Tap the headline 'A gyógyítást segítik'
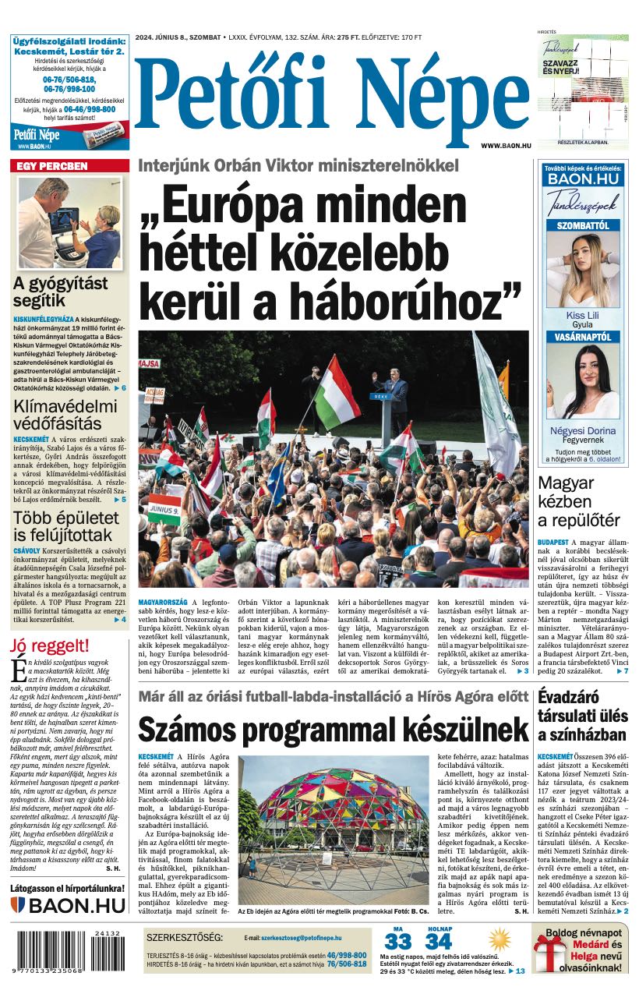(60, 292)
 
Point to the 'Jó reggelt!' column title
(50, 646)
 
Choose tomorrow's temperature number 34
(438, 943)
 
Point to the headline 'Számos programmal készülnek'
(334, 730)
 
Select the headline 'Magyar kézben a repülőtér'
(579, 501)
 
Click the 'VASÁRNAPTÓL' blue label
(583, 338)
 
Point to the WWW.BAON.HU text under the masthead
(506, 146)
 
